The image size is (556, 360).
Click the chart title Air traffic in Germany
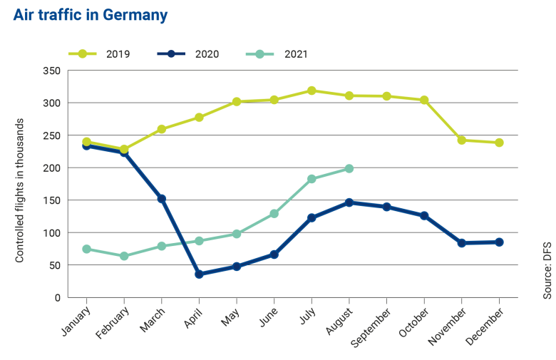click(x=90, y=15)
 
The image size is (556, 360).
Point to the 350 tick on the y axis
click(x=51, y=71)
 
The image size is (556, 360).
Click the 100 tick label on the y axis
click(x=51, y=233)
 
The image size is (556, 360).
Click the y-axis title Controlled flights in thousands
click(x=20, y=190)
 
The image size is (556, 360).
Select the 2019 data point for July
click(x=312, y=91)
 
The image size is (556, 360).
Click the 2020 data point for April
click(x=199, y=274)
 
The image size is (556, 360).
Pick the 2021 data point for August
click(x=349, y=169)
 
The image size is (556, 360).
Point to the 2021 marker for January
click(x=86, y=249)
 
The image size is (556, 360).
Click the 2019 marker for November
click(x=462, y=140)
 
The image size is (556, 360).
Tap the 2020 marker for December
click(x=499, y=242)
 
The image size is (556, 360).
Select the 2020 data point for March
click(x=162, y=199)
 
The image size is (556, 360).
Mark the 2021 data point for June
click(x=274, y=214)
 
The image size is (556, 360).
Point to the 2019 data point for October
click(x=424, y=100)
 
